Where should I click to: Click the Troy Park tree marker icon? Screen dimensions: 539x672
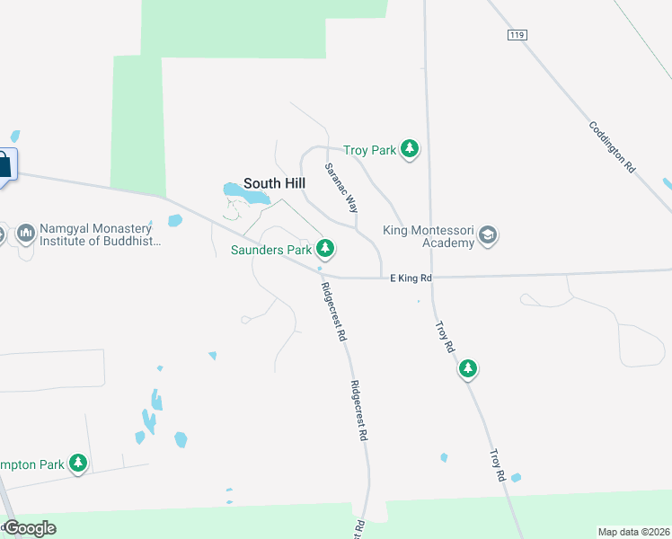(x=410, y=149)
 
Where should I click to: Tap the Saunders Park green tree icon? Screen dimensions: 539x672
(x=325, y=248)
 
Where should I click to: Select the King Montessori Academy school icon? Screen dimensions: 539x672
(x=488, y=235)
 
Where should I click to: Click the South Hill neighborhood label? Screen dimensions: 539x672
(x=275, y=183)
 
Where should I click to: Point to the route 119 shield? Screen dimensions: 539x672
(x=516, y=33)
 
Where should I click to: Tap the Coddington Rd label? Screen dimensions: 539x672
(x=613, y=147)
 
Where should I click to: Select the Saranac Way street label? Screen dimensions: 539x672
(x=341, y=187)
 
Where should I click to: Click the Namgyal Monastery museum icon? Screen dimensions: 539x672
(x=25, y=234)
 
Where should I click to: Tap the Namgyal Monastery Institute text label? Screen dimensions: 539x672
(x=98, y=235)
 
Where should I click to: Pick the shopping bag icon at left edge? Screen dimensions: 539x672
(x=4, y=164)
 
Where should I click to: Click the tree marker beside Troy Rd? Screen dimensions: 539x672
(x=467, y=368)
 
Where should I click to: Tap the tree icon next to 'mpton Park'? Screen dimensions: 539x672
(x=79, y=464)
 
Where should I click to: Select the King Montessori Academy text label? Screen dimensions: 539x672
(x=428, y=236)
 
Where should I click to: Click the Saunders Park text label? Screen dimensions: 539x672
(x=270, y=249)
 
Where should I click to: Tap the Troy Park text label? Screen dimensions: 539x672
(x=369, y=151)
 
